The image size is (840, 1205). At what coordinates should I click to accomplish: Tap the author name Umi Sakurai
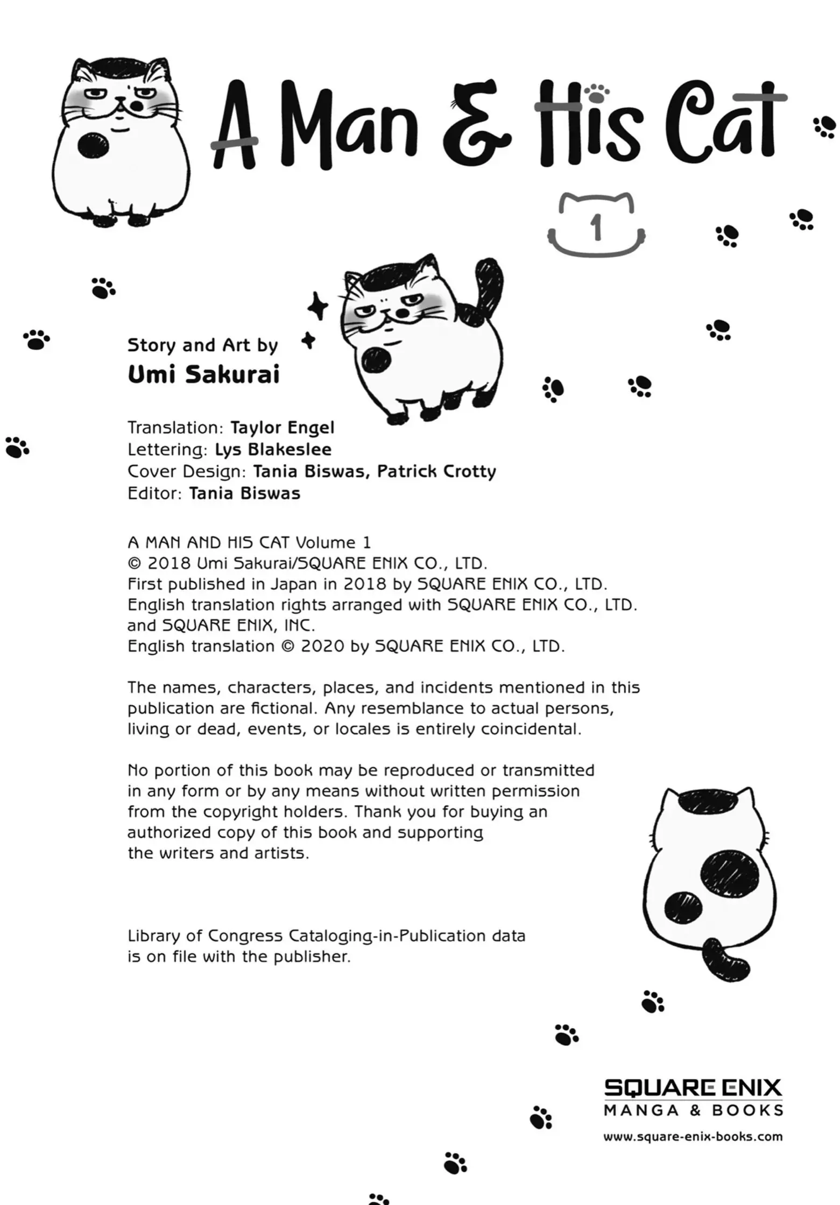(203, 375)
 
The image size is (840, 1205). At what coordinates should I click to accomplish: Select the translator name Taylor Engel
(283, 428)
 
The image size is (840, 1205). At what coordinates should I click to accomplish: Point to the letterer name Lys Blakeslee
(273, 449)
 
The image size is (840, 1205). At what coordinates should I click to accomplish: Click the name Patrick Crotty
(436, 471)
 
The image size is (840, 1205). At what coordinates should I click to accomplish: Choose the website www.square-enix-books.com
(693, 1137)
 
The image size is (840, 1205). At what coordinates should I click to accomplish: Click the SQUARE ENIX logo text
(693, 1088)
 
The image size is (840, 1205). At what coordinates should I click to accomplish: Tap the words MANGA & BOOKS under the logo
(693, 1110)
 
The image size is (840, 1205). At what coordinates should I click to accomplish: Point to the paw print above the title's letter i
(595, 93)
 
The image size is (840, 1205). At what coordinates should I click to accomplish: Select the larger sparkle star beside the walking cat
(317, 307)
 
